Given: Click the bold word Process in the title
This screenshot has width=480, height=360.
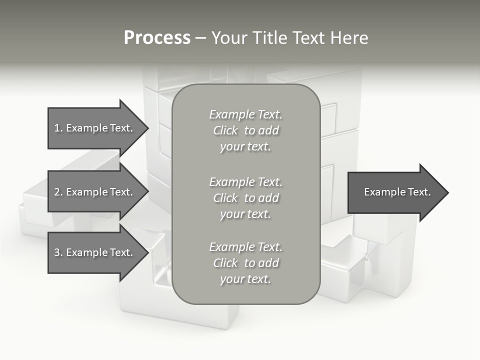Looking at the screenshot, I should coord(157,38).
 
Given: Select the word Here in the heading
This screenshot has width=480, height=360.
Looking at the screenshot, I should coord(348,38).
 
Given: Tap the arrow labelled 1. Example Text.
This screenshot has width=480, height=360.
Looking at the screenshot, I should coord(93,128).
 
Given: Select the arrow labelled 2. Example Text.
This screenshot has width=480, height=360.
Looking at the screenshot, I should coord(93,192).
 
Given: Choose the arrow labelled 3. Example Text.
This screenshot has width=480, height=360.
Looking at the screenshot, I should coord(93,252).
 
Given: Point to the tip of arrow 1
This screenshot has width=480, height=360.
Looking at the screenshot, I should coord(147,128).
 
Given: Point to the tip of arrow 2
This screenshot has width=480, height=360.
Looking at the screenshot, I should coord(147,192).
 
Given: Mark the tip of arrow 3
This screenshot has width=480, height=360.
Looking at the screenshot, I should coord(147,252).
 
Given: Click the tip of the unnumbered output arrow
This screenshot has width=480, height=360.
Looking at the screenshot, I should coord(447,192).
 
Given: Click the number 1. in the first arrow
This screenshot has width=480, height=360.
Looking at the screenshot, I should coord(58,128).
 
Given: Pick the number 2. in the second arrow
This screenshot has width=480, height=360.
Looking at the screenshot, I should coord(58,192).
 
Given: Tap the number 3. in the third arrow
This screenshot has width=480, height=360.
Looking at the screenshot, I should coord(58,252).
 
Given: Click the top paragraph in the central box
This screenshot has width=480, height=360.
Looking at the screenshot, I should coord(245,130).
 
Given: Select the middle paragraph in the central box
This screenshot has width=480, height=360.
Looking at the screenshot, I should coord(245,198).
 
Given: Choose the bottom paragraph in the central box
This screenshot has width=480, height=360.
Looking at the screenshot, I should coord(245,263).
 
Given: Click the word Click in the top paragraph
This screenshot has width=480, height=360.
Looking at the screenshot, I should coord(225,130).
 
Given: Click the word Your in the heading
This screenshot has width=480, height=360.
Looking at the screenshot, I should coord(231,38).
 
